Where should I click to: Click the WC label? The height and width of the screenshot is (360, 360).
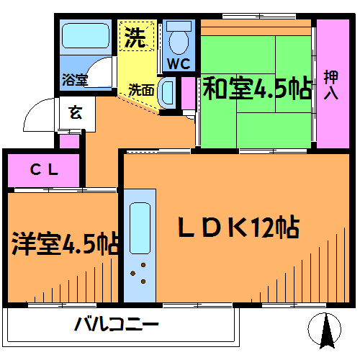point(179,63)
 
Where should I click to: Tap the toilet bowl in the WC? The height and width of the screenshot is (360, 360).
point(179,42)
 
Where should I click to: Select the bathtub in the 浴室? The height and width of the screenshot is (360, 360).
point(86,36)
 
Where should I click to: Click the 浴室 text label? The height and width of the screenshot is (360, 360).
point(75,80)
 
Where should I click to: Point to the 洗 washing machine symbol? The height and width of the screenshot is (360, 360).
point(137,36)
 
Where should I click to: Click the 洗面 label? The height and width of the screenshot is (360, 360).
point(141,90)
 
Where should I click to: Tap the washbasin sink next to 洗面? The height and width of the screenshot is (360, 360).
point(167,93)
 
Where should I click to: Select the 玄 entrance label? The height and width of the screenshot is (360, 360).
point(76,112)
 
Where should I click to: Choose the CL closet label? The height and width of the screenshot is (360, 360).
point(45,169)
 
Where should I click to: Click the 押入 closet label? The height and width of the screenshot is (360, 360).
point(331,85)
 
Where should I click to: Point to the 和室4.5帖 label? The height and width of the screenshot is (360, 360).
point(257,89)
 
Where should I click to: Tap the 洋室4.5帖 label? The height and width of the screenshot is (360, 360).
point(66,243)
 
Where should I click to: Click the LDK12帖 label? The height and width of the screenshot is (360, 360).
point(239,226)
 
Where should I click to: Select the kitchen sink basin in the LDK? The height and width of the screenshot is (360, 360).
point(140,228)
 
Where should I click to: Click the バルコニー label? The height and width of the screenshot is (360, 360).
point(117,324)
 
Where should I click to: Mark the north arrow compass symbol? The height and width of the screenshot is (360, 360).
point(325,330)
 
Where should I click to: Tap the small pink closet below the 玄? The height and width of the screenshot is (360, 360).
point(69,141)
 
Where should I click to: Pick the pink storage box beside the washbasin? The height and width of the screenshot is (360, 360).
point(188,94)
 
